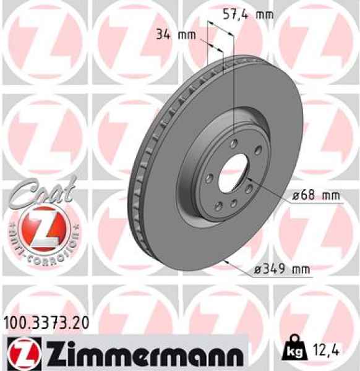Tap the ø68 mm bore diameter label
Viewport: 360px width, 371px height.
point(316,195)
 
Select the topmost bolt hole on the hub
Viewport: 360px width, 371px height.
point(233,143)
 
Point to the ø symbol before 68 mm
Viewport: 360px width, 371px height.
point(296,195)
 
